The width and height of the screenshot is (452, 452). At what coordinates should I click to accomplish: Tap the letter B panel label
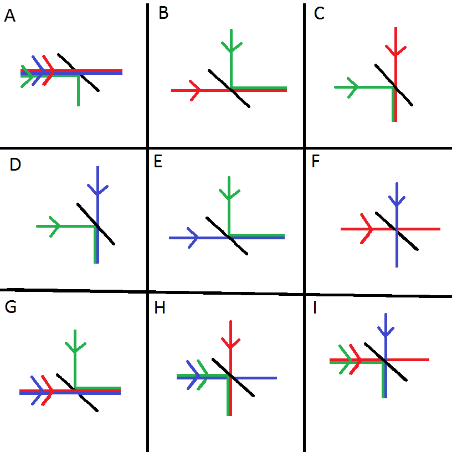point(163,13)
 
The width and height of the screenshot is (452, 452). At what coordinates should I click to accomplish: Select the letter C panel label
point(319,14)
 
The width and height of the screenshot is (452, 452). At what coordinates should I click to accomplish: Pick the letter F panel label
point(316,163)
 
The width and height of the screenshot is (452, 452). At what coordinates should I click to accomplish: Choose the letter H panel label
point(160,308)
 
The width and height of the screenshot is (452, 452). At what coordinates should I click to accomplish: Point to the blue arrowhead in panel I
point(386,331)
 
